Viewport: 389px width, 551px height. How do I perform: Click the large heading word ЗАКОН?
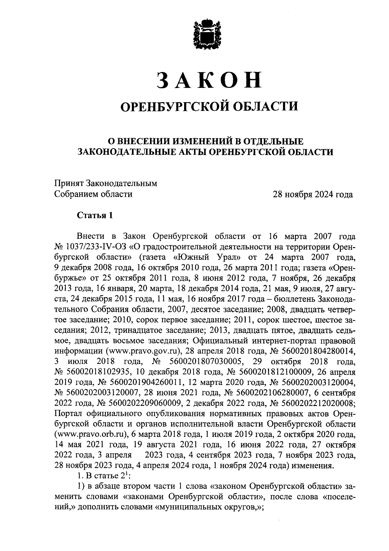209,80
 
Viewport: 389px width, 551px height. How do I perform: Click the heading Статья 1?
95,216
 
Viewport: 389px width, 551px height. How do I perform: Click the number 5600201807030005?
202,362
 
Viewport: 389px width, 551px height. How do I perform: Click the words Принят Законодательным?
106,184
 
